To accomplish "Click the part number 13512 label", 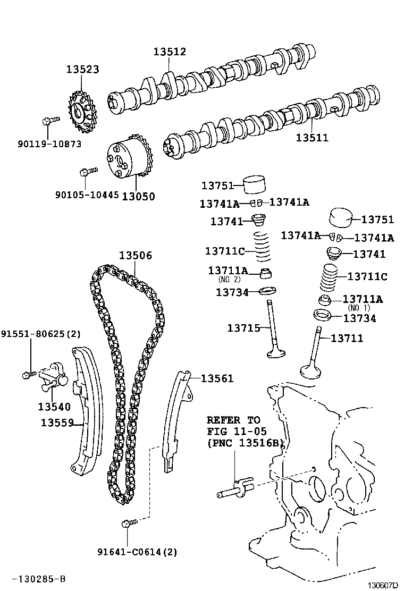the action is pyautogui.click(x=170, y=52).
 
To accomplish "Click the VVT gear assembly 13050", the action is pyautogui.click(x=128, y=159).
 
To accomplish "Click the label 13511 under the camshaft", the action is pyautogui.click(x=312, y=137).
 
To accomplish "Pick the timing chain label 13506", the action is pyautogui.click(x=136, y=255).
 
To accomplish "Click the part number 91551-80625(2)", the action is pyautogui.click(x=41, y=334).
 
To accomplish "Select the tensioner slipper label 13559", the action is pyautogui.click(x=57, y=423).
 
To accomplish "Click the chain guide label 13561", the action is pyautogui.click(x=217, y=378).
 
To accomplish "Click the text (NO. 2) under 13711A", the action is pyautogui.click(x=229, y=280).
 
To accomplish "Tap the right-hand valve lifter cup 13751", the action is pyautogui.click(x=341, y=218).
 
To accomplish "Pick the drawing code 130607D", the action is pyautogui.click(x=383, y=585).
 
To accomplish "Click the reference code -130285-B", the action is pyautogui.click(x=39, y=579).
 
